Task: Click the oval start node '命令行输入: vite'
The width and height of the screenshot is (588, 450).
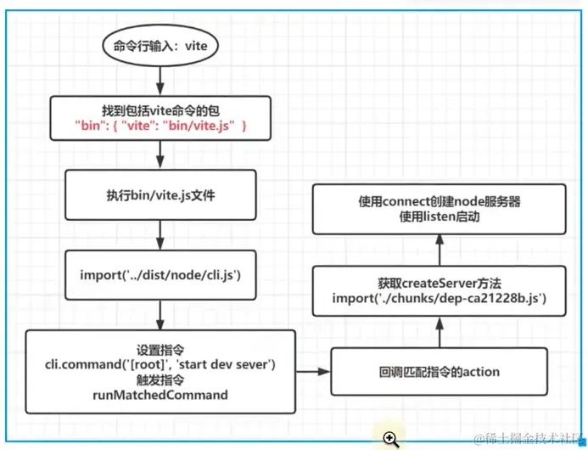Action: [160, 47]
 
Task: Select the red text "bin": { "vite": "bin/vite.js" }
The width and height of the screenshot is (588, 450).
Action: [160, 126]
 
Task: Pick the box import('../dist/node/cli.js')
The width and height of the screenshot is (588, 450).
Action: [160, 274]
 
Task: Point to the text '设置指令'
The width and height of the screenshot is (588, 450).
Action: [160, 350]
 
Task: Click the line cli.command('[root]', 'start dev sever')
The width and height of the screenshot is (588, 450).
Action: [160, 365]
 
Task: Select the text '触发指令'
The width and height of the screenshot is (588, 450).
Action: [160, 380]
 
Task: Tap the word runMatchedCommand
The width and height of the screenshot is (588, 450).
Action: [160, 396]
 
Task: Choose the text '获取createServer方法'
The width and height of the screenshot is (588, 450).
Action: [440, 283]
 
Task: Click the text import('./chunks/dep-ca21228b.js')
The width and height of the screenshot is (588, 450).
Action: [440, 298]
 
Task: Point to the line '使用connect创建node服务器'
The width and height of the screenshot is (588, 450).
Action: [439, 203]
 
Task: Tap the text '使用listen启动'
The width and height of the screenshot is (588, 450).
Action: [439, 218]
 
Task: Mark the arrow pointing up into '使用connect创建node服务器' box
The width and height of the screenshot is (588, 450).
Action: [439, 248]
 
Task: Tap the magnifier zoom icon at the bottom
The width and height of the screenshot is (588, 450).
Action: [389, 438]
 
